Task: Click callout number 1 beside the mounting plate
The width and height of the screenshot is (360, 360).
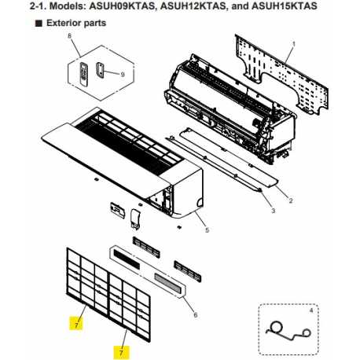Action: tap(294, 44)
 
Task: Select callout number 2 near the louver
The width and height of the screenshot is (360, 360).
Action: tap(291, 200)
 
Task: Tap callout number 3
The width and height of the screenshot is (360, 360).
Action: tap(274, 211)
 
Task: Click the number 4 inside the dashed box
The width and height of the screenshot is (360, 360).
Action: tap(311, 310)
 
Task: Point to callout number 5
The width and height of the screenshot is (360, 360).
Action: tap(207, 230)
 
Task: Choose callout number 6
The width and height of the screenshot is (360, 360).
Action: tap(195, 314)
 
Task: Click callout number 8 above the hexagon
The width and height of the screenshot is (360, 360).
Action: tap(69, 35)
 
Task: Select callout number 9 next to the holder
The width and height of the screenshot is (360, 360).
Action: tap(123, 75)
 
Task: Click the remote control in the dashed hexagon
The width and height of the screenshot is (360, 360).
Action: tap(83, 73)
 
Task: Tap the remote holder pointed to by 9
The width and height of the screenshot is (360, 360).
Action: tap(100, 70)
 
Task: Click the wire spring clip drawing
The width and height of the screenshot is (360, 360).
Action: tap(288, 332)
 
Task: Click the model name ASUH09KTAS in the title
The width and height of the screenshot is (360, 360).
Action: tap(121, 6)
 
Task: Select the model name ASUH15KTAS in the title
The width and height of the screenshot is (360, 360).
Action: tap(285, 6)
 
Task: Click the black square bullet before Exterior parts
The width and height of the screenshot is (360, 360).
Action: tap(39, 24)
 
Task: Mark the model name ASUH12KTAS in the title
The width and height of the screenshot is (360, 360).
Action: tap(193, 6)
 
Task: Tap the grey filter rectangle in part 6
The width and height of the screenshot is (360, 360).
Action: tap(167, 283)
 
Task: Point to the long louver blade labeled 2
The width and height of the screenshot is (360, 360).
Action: tap(229, 158)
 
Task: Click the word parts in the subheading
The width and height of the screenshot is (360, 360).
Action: tap(93, 24)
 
